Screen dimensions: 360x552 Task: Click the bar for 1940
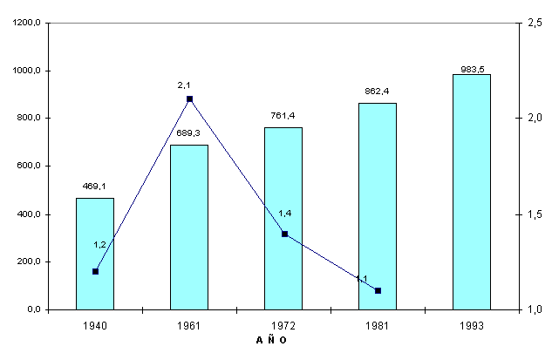(x=95, y=254)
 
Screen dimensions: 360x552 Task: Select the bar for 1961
(x=189, y=228)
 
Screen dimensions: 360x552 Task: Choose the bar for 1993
(x=472, y=192)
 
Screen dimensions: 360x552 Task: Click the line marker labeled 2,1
(x=189, y=99)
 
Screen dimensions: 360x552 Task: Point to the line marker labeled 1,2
(x=95, y=271)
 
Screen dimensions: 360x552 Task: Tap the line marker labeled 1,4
(x=284, y=234)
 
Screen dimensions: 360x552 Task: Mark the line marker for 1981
(x=378, y=290)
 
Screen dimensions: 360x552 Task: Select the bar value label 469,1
(x=95, y=185)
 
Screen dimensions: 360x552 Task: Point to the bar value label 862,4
(x=378, y=91)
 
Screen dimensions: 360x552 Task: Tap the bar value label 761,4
(x=283, y=115)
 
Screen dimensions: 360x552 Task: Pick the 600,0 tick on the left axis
(x=31, y=166)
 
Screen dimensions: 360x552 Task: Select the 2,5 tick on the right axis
(x=532, y=24)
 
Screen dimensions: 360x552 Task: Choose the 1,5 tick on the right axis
(x=532, y=214)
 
